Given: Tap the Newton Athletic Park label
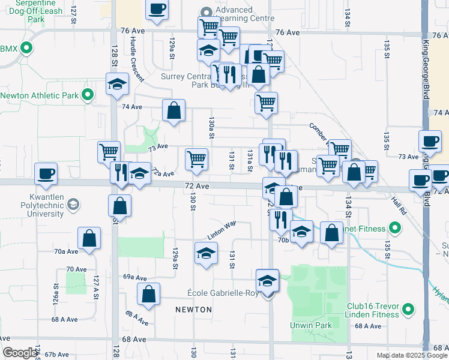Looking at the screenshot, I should coord(40,95).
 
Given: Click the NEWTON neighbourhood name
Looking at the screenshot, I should coord(193,310).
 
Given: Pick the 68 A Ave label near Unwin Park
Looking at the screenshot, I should coord(368,326).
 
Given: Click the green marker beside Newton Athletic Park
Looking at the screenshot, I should coord(88,95).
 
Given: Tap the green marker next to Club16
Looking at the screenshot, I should coord(408,310).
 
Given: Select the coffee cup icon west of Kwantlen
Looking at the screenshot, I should coord(46,173).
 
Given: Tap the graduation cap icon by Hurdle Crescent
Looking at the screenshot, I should coord(117,84).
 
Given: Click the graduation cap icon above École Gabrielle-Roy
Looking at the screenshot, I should coord(267,279).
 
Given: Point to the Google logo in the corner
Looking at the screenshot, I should coord(20,353).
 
